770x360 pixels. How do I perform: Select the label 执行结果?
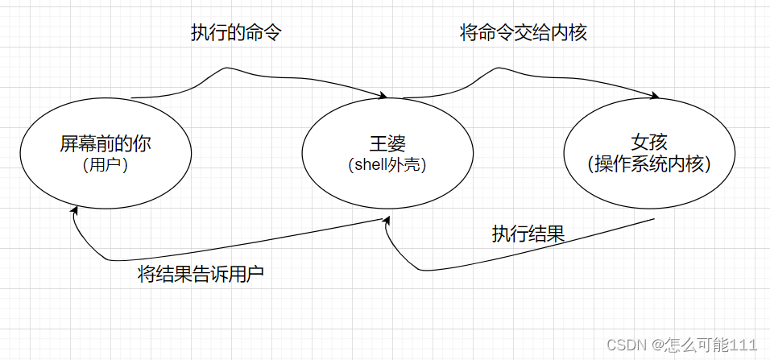click(528, 234)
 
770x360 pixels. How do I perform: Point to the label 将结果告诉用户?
click(201, 275)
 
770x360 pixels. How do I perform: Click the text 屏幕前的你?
click(106, 144)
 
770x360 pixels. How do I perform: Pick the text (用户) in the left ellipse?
click(106, 165)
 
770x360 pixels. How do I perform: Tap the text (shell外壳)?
click(386, 165)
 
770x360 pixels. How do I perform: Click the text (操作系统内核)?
click(650, 164)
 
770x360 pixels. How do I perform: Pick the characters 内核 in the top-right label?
click(579, 34)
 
